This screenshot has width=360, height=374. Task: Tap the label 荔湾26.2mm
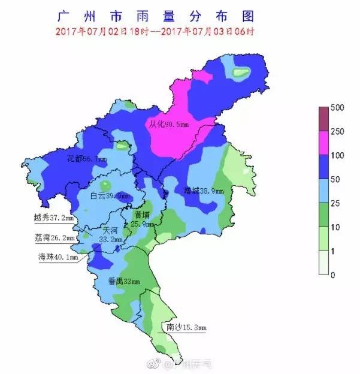coord(54,238)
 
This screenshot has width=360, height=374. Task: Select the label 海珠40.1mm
coord(58,257)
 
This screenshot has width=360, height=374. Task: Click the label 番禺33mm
coord(123,281)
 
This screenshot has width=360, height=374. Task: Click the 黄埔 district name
coord(142,214)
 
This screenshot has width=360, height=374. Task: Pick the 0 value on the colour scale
coord(334,275)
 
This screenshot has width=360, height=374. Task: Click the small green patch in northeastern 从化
coord(241,73)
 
